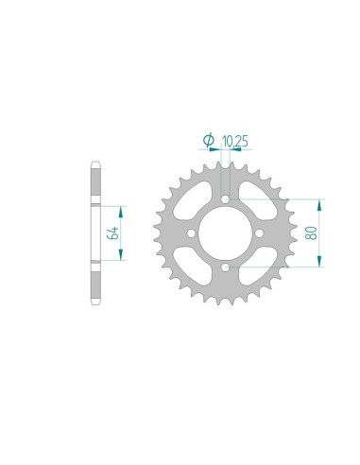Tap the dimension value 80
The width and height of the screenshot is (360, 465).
[311, 232]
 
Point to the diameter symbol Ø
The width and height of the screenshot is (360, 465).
[207, 142]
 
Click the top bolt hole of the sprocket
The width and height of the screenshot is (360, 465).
[225, 198]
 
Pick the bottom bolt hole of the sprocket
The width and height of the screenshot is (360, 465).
[225, 267]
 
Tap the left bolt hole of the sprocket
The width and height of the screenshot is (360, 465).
[191, 233]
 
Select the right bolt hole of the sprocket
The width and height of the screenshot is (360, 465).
[259, 233]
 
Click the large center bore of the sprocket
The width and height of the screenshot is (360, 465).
[225, 233]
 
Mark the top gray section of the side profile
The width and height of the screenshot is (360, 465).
[94, 184]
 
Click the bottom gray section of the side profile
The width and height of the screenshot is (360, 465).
[94, 283]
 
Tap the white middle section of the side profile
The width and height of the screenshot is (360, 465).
[94, 233]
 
